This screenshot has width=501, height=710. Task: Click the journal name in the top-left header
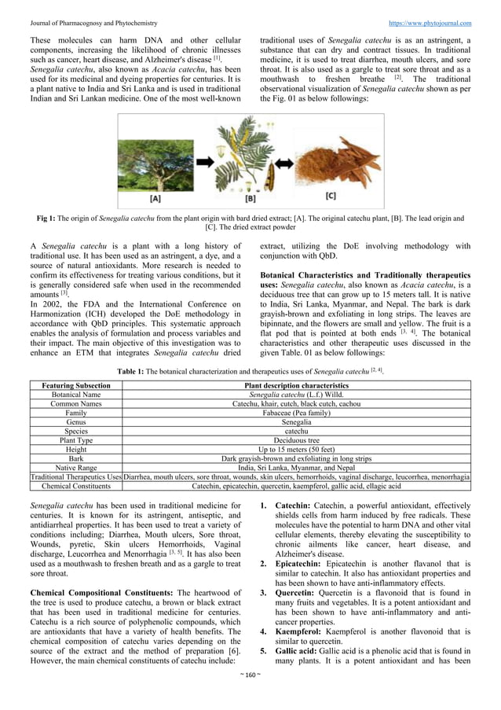tap(93, 24)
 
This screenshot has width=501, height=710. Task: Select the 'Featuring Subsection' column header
tap(76, 385)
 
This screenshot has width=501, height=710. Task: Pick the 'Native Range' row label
tap(76, 467)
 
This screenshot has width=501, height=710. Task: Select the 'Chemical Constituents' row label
tap(76, 486)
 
